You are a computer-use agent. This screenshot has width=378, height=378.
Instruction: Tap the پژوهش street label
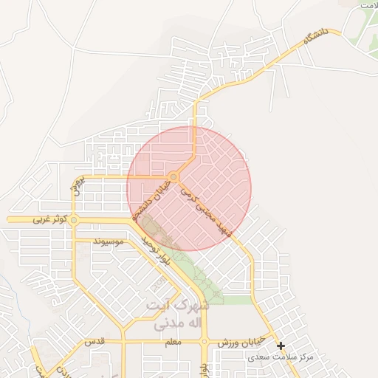[82, 187]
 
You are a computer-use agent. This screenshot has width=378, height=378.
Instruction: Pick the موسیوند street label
[112, 241]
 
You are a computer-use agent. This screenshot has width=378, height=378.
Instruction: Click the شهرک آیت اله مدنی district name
[182, 315]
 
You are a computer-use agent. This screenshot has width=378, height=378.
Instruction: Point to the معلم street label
[173, 343]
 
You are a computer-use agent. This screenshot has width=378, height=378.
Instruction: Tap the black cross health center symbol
[281, 345]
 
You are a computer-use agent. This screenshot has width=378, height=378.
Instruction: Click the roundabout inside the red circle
[173, 176]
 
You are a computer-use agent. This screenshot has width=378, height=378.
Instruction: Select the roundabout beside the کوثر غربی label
[74, 220]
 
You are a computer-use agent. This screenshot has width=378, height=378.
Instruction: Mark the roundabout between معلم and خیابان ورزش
[205, 343]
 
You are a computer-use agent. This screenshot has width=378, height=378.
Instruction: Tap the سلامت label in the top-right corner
[365, 5]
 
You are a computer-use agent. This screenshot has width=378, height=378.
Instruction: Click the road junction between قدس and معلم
[123, 343]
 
